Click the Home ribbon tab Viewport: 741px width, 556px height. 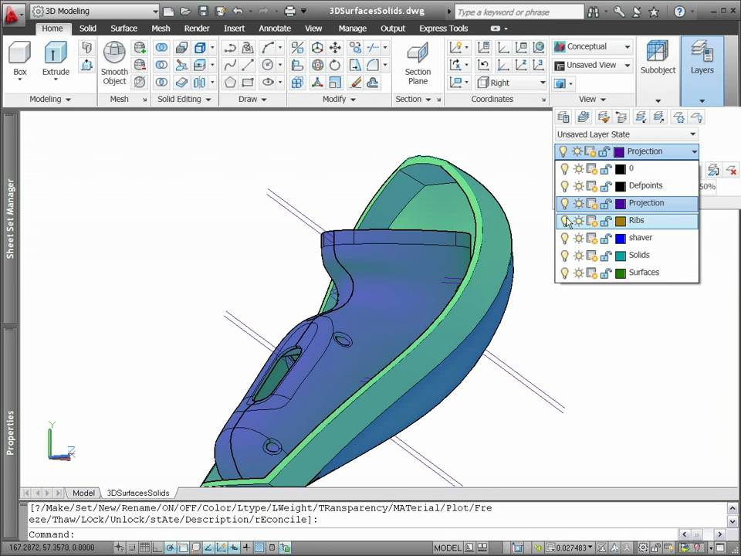(52, 29)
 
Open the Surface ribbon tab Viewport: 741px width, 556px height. (123, 29)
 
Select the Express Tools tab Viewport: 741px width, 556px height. (443, 29)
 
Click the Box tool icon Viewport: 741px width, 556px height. (20, 53)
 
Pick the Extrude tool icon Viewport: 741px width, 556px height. (56, 53)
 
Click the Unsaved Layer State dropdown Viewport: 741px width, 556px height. (626, 134)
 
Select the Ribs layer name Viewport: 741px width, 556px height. (637, 221)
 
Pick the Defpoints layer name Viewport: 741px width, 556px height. (645, 186)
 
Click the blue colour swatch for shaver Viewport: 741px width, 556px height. (620, 238)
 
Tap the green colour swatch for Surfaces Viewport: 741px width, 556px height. (620, 273)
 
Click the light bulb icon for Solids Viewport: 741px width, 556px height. (564, 256)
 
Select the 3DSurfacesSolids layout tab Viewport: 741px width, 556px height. (137, 493)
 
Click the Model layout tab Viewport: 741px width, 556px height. (83, 493)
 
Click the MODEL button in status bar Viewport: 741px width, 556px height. (447, 548)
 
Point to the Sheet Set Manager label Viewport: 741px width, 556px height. (11, 219)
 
